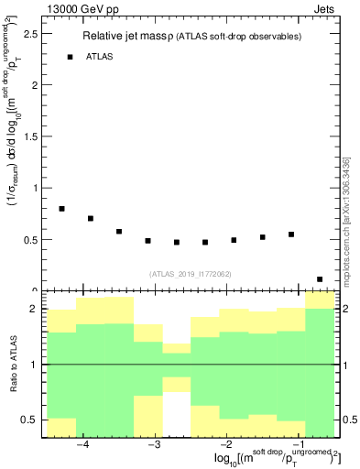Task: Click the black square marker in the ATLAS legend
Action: tap(70, 57)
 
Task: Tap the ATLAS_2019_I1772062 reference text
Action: tap(190, 273)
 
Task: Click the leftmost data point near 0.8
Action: tap(61, 209)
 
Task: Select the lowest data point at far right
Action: tap(320, 279)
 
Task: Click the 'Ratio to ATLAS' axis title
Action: tap(15, 365)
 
